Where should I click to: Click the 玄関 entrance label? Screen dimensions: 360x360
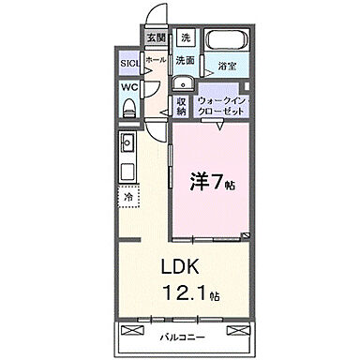pos(155,37)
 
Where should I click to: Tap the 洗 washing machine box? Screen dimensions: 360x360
pos(186,38)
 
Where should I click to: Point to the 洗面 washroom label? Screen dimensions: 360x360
pos(185,58)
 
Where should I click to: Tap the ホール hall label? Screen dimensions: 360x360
pos(155,58)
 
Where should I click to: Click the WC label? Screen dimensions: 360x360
pos(128,89)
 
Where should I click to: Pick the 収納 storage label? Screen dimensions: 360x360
pos(181,105)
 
